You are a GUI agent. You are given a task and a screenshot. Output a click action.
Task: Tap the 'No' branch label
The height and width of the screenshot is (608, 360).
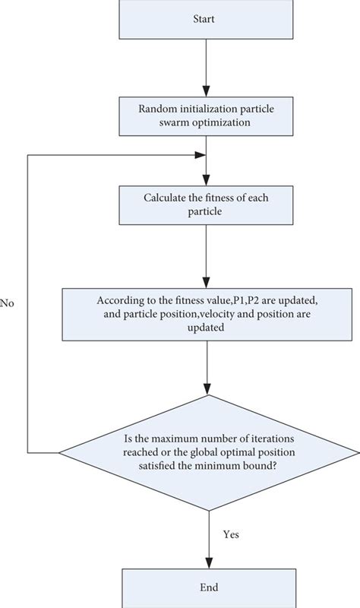point(8,302)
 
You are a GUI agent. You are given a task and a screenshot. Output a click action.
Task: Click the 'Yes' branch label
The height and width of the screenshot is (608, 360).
point(231,534)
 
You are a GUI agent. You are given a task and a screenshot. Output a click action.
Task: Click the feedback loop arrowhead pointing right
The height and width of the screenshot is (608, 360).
point(201,154)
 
